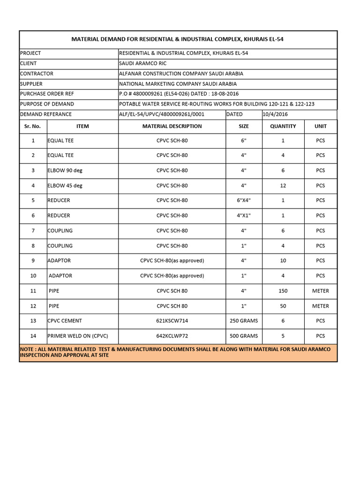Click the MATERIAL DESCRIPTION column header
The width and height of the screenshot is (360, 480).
(x=172, y=126)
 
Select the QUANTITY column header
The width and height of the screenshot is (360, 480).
(x=283, y=126)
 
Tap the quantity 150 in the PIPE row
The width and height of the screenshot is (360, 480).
(x=283, y=291)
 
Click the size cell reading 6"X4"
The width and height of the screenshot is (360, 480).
(x=243, y=200)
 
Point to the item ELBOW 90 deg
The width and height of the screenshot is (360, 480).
(x=65, y=171)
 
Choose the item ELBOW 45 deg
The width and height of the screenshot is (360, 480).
(x=65, y=186)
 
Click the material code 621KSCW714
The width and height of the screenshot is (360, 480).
(x=172, y=321)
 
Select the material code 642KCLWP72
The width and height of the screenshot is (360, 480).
(x=172, y=336)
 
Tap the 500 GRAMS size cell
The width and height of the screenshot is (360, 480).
(x=243, y=336)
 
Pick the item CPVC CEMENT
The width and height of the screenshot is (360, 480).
(x=65, y=321)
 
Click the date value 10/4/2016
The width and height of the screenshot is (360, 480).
(x=276, y=114)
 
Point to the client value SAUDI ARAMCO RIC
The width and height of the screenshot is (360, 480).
(x=143, y=63)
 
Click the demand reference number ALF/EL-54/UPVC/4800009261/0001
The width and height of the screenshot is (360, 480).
(x=162, y=114)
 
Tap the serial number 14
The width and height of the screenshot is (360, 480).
(x=33, y=336)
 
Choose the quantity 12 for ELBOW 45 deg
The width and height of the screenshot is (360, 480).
(x=283, y=186)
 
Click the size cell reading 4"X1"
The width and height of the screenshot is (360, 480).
(x=243, y=216)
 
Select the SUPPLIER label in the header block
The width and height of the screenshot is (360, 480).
(x=31, y=84)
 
